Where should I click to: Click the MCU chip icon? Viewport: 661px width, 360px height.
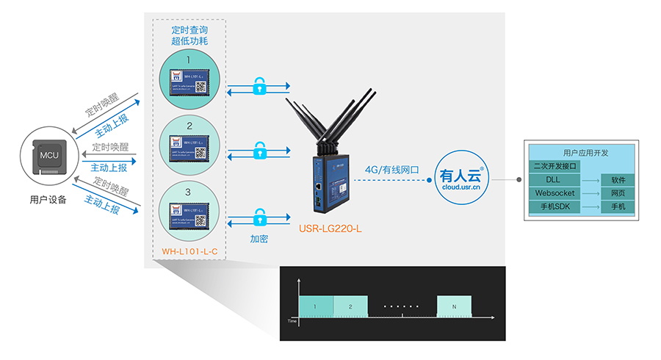pyautogui.click(x=48, y=156)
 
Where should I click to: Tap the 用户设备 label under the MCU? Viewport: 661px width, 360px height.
pyautogui.click(x=48, y=198)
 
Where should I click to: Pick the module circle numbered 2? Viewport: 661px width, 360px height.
pyautogui.click(x=189, y=143)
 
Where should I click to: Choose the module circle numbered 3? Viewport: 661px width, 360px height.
pyautogui.click(x=189, y=209)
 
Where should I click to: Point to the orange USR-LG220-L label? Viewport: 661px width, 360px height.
pyautogui.click(x=330, y=229)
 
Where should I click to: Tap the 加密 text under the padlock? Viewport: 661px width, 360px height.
pyautogui.click(x=259, y=239)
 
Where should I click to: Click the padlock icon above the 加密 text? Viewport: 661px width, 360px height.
pyautogui.click(x=259, y=217)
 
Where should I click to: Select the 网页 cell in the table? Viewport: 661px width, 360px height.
pyautogui.click(x=618, y=193)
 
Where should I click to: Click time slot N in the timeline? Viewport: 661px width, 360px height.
pyautogui.click(x=455, y=305)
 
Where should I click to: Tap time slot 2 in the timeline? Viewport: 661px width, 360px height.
pyautogui.click(x=351, y=305)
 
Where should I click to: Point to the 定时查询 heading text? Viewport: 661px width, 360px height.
pyautogui.click(x=189, y=30)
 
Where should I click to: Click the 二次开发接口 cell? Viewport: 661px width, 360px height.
pyautogui.click(x=556, y=167)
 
